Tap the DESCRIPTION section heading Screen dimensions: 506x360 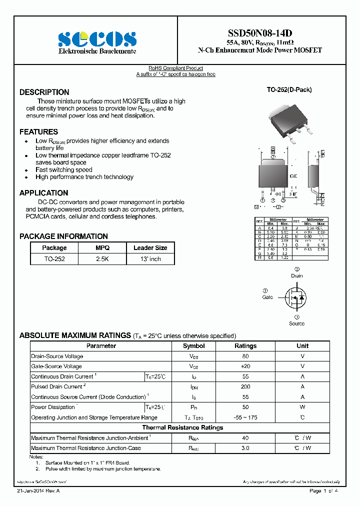pyautogui.click(x=44, y=92)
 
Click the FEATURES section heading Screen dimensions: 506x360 pyautogui.click(x=39, y=132)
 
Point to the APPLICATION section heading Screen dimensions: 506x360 pyautogui.click(x=44, y=193)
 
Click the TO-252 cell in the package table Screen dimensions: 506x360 pyautogui.click(x=54, y=259)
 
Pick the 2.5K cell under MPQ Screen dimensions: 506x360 pyautogui.click(x=102, y=259)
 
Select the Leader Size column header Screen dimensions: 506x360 pyautogui.click(x=150, y=247)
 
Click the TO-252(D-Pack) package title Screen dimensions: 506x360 pyautogui.click(x=289, y=90)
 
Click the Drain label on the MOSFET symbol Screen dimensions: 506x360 pyautogui.click(x=296, y=275)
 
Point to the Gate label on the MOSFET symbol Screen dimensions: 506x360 pyautogui.click(x=267, y=297)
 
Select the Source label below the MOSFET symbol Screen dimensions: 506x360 pyautogui.click(x=296, y=323)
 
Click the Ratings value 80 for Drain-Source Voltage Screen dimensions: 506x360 pyautogui.click(x=245, y=356)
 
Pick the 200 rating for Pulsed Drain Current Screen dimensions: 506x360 pyautogui.click(x=245, y=386)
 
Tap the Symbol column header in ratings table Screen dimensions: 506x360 pyautogui.click(x=193, y=346)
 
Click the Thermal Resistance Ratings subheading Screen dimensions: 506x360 pyautogui.click(x=182, y=427)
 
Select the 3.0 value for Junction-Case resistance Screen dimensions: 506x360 pyautogui.click(x=245, y=448)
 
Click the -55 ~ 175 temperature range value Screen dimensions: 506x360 pyautogui.click(x=245, y=417)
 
